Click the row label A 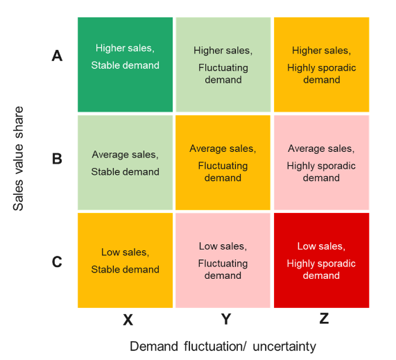click(x=57, y=55)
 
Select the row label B click(x=57, y=159)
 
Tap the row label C click(x=57, y=262)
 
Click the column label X click(x=128, y=320)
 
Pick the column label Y click(x=226, y=319)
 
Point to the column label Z click(x=324, y=318)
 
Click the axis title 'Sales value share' click(x=18, y=158)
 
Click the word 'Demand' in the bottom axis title click(x=154, y=346)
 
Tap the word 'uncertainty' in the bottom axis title click(x=284, y=347)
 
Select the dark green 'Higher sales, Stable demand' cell click(x=126, y=65)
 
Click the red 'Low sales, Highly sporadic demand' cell click(x=322, y=260)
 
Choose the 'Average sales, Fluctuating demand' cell click(x=223, y=162)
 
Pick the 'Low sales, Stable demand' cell click(x=126, y=260)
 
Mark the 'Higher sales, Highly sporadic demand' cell click(x=322, y=65)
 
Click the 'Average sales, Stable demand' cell click(x=126, y=162)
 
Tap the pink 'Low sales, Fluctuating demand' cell click(x=223, y=260)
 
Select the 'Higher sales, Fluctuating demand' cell click(x=223, y=65)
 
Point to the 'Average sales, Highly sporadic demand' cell click(x=322, y=162)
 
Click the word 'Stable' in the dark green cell click(x=103, y=65)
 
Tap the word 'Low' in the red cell click(x=304, y=246)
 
